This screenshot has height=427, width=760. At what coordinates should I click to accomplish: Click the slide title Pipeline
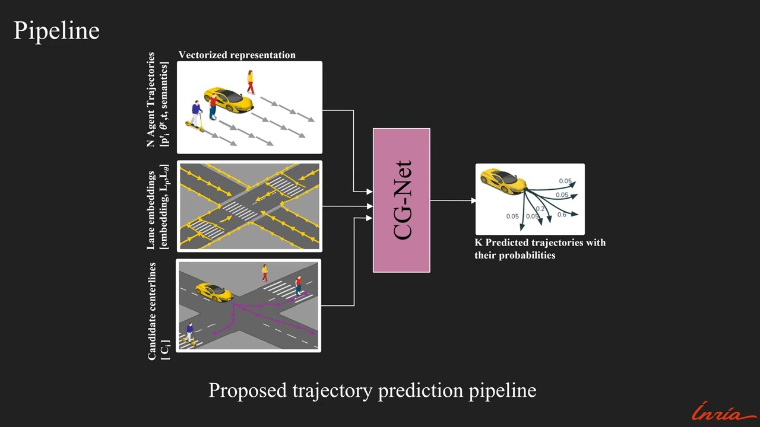tap(56, 30)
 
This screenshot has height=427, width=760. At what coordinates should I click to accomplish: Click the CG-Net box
tap(401, 200)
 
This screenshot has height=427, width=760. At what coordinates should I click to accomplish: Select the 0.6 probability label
tap(562, 215)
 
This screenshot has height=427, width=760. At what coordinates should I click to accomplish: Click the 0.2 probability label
tap(540, 209)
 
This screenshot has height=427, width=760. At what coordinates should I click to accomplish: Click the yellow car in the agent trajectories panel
tap(229, 99)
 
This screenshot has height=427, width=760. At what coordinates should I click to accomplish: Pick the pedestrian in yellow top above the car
tap(251, 82)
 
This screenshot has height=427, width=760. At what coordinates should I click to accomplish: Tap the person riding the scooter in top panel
tap(196, 116)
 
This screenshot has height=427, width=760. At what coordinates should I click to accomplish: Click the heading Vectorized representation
tap(237, 55)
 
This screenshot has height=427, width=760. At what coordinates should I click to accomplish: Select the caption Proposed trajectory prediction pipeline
tap(372, 390)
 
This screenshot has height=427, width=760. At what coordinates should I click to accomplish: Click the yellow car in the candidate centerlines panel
tap(214, 292)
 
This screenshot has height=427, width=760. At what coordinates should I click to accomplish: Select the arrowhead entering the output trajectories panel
tap(473, 200)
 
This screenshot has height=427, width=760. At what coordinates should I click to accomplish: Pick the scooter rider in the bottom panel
tap(190, 333)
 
